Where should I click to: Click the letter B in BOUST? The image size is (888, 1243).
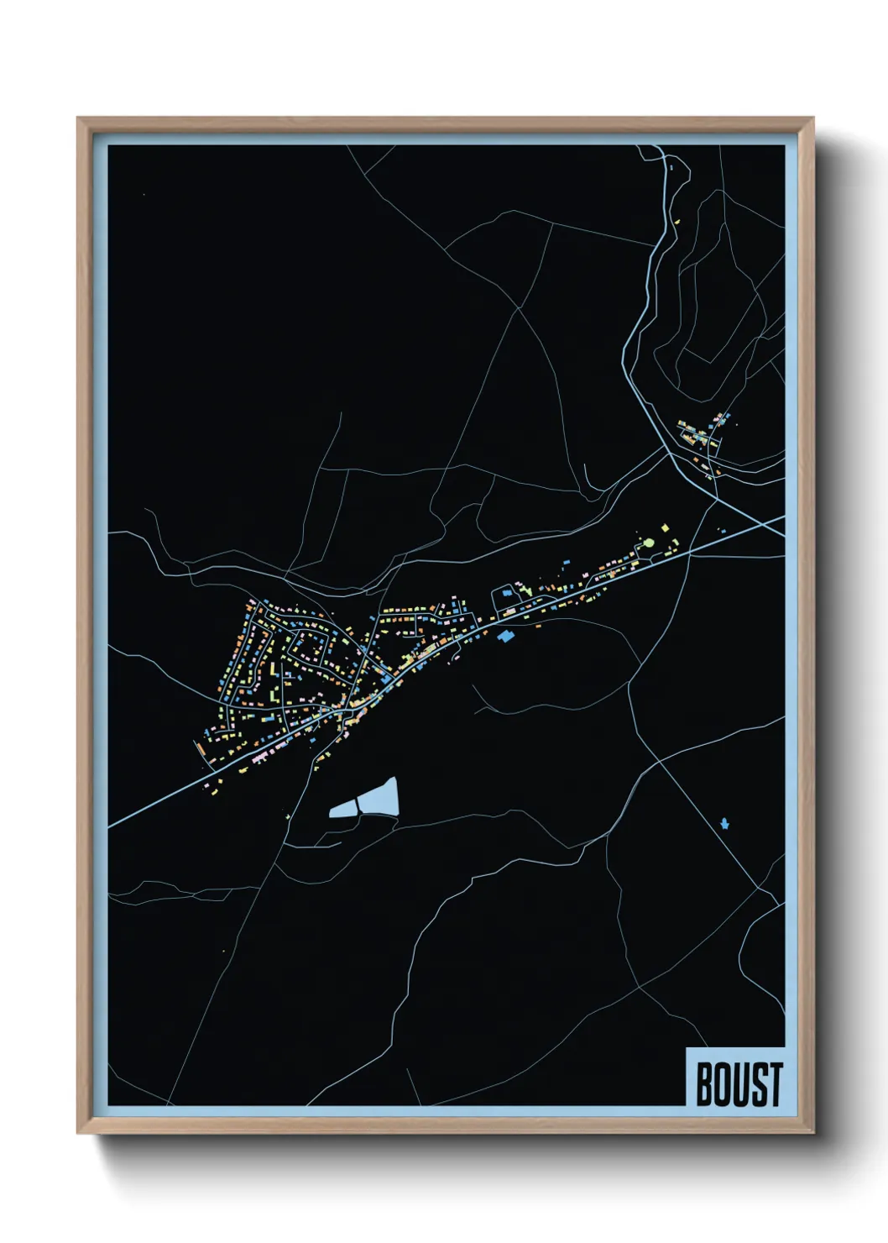[x=704, y=1084]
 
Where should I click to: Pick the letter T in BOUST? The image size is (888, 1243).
[x=775, y=1084]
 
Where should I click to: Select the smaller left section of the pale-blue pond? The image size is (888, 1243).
[x=345, y=809]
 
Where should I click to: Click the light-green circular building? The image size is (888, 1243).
[x=647, y=544]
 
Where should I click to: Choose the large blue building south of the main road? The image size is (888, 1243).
[x=504, y=636]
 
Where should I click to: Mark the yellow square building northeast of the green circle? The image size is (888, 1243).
[x=666, y=528]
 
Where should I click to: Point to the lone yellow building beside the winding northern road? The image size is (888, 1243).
[x=676, y=222]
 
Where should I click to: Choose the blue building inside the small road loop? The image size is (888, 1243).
[x=507, y=593]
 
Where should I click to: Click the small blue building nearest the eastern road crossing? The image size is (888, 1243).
[x=721, y=529]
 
